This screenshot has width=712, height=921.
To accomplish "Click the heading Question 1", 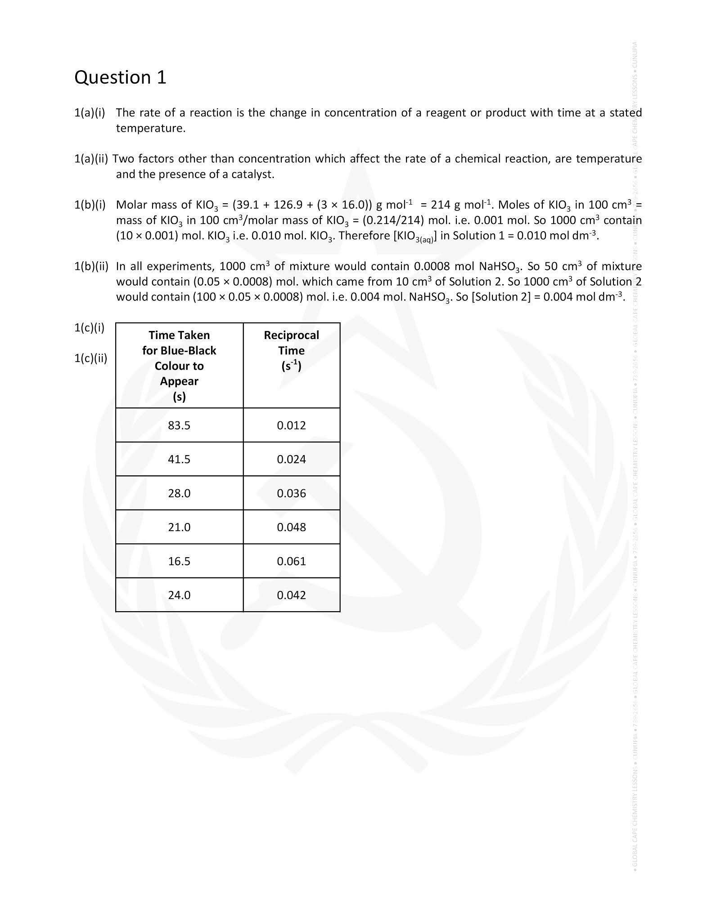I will [x=120, y=77].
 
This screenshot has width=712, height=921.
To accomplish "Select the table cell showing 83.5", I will [x=179, y=425].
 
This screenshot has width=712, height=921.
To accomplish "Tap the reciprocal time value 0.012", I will [x=291, y=425].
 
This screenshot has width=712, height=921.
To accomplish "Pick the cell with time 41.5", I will [x=179, y=459].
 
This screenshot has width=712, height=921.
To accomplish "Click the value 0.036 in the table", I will [x=291, y=493].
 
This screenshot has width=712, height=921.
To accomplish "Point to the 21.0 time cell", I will [x=179, y=527].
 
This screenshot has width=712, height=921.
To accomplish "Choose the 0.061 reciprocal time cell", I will [x=291, y=561].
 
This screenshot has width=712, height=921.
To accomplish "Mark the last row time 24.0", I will [x=179, y=595].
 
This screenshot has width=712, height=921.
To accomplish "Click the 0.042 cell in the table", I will [x=291, y=595].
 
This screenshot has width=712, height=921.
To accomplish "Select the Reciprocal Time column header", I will [x=291, y=350].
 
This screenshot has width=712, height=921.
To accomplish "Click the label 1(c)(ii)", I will [x=90, y=358].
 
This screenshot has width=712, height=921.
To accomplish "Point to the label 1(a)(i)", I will [x=89, y=112].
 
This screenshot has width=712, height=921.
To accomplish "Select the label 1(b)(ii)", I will [x=91, y=266].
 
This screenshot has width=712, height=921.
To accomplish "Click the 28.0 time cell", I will [x=179, y=493].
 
